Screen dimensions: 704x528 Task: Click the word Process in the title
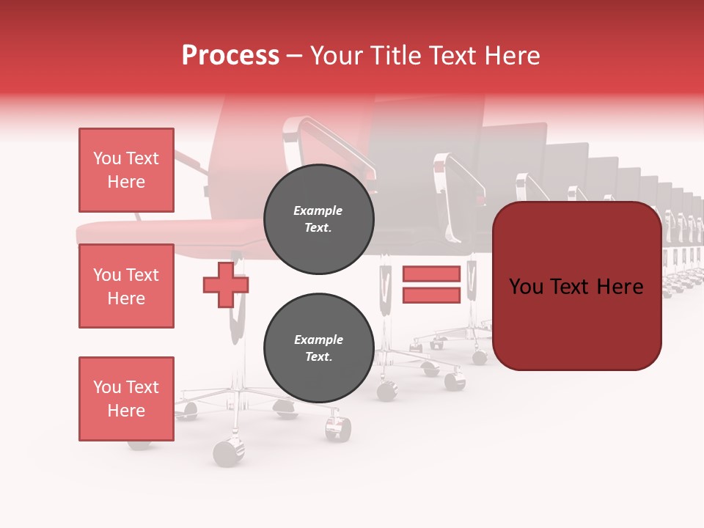pos(230,56)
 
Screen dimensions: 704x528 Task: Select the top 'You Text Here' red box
pos(126,170)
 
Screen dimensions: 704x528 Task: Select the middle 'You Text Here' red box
pos(126,286)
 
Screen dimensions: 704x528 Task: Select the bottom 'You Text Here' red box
pos(126,398)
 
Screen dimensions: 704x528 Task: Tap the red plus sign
pos(226,285)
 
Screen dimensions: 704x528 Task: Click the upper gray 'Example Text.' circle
pos(318,219)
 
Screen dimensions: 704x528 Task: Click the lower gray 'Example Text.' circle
pos(318,348)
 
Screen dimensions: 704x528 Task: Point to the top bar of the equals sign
pos(431,274)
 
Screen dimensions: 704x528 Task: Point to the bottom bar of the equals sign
pos(431,295)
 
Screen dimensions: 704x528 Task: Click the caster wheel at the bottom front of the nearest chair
pos(229,453)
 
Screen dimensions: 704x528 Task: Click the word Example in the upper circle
pos(318,210)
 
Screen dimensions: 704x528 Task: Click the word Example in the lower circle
pos(318,340)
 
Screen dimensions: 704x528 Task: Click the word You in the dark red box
pos(526,287)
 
